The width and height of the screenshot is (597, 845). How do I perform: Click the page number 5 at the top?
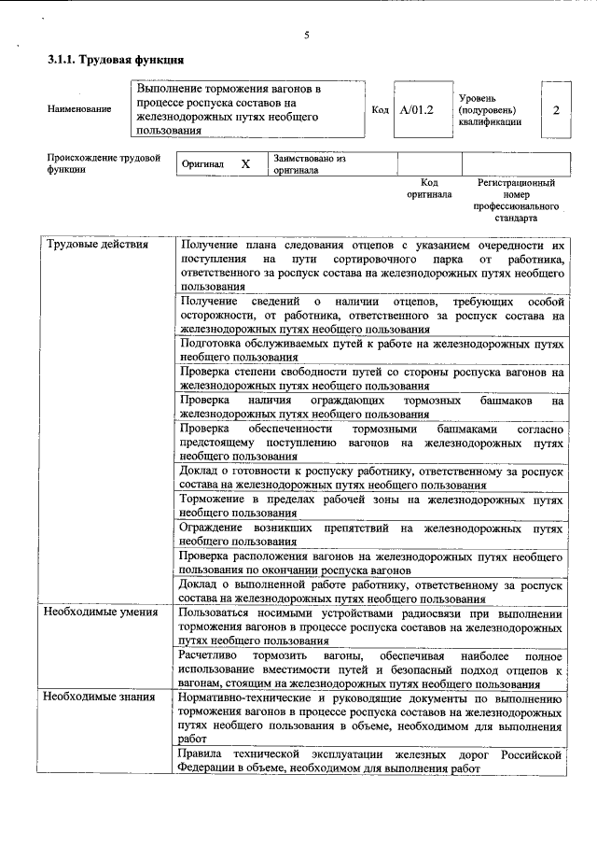pyautogui.click(x=306, y=35)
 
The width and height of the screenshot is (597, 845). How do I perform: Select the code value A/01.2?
pyautogui.click(x=417, y=110)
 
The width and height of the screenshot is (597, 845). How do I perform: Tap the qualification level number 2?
pyautogui.click(x=556, y=110)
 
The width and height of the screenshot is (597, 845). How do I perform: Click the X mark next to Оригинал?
pyautogui.click(x=245, y=164)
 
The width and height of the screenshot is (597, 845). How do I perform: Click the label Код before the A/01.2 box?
pyautogui.click(x=381, y=110)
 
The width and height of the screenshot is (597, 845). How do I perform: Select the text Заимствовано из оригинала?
pyautogui.click(x=310, y=165)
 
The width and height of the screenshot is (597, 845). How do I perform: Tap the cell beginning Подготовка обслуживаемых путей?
pyautogui.click(x=371, y=350)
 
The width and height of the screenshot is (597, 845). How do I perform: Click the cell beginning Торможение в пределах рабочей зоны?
pyautogui.click(x=371, y=506)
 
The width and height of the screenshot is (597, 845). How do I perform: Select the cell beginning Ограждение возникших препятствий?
pyautogui.click(x=371, y=534)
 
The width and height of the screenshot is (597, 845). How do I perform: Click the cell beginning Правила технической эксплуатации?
pyautogui.click(x=371, y=761)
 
